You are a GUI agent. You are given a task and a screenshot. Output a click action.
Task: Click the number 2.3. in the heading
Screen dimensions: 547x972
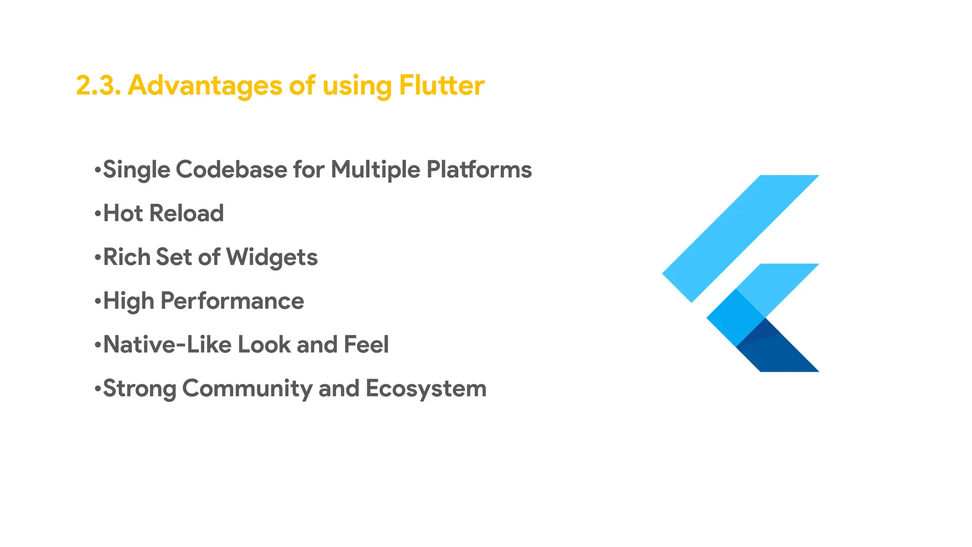(x=98, y=85)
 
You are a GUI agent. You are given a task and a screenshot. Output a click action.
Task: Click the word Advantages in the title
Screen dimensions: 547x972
(x=205, y=85)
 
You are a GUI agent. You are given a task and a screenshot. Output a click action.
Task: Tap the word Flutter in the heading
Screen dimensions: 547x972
(x=441, y=85)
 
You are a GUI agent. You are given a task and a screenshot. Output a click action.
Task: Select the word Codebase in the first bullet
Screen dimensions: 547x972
(x=232, y=170)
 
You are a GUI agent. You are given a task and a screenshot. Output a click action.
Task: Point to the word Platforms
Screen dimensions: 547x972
(x=479, y=170)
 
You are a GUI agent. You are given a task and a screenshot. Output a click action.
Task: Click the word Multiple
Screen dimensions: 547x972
(x=375, y=170)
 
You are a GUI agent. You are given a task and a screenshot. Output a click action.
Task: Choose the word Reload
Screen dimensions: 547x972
(x=187, y=213)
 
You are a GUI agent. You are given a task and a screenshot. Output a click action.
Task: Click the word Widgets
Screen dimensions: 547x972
(x=272, y=257)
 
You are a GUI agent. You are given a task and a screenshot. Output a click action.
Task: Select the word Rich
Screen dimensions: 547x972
(x=126, y=257)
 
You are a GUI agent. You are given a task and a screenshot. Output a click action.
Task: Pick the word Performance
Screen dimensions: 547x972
(x=232, y=301)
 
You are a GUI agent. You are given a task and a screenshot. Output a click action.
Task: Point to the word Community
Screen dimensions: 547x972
(x=247, y=388)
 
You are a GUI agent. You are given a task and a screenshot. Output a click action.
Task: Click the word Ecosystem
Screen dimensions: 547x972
(x=426, y=388)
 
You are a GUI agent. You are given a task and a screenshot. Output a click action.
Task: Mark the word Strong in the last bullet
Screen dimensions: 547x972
(x=140, y=388)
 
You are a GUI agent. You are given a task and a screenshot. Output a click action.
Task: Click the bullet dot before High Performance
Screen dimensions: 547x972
(x=98, y=301)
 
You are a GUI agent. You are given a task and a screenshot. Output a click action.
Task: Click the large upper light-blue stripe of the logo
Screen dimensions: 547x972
(x=740, y=237)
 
